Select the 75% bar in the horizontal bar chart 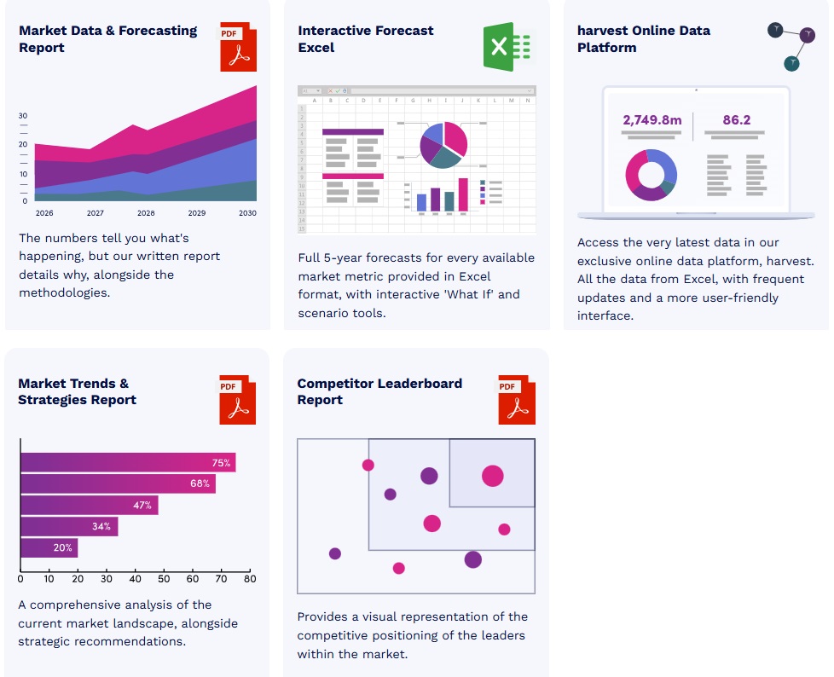point(128,463)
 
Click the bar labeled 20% point(49,547)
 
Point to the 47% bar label point(142,506)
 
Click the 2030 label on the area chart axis point(247,212)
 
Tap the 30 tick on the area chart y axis point(23,116)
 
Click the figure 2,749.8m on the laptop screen point(652,120)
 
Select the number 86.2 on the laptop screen point(737,120)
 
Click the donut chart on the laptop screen point(652,175)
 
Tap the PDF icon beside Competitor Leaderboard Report point(517,401)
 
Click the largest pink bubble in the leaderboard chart point(492,476)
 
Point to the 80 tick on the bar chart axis point(249,579)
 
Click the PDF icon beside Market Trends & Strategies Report point(238,401)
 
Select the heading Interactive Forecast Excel point(366,39)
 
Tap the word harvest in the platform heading point(602,31)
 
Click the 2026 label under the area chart point(44,212)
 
